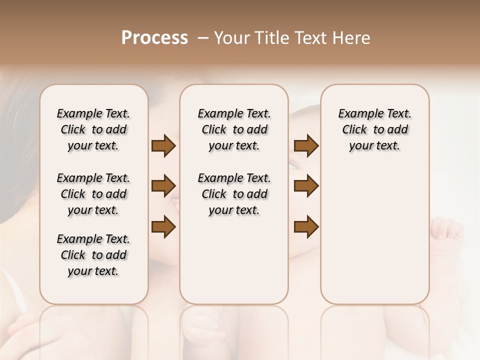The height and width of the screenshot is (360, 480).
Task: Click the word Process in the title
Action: [x=154, y=38]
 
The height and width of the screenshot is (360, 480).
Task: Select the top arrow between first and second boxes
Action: [x=163, y=146]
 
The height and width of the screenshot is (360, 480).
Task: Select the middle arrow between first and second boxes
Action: [x=163, y=186]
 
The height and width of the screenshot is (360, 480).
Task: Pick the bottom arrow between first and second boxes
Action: [x=163, y=227]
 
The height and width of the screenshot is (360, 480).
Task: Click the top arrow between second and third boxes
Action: [x=306, y=146]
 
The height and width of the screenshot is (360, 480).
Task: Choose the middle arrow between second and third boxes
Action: [x=306, y=186]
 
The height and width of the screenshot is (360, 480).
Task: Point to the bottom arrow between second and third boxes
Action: [x=306, y=227]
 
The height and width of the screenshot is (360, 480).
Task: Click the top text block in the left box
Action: [x=93, y=129]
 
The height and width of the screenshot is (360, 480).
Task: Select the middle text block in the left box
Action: [x=93, y=194]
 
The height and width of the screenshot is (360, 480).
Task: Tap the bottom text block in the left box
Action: [x=93, y=255]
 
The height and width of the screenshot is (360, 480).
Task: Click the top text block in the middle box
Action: [x=234, y=129]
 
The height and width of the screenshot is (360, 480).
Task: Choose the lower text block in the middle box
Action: [x=234, y=194]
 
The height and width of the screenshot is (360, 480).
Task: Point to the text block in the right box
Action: [x=374, y=129]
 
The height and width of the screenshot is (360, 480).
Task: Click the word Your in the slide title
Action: [x=232, y=38]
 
